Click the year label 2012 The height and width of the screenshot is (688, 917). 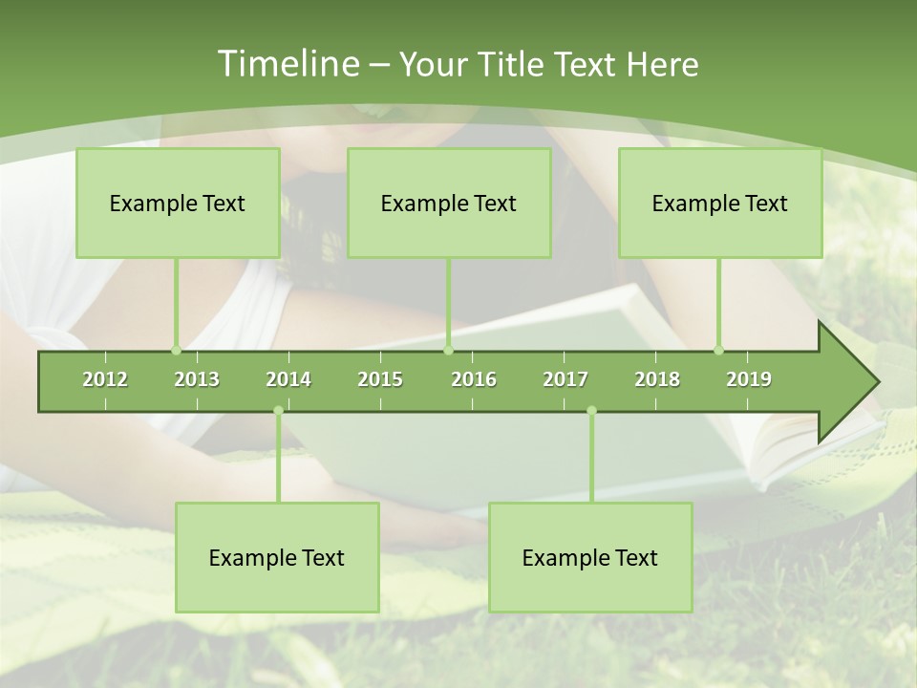coord(105,379)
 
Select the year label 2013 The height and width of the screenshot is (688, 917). coord(197,379)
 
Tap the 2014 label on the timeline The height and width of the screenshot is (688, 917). coord(288,379)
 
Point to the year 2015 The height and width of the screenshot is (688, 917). coord(380,379)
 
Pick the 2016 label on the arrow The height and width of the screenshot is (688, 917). coord(474,379)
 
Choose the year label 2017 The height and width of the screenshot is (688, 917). coord(565,379)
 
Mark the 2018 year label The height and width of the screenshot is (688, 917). coord(657,379)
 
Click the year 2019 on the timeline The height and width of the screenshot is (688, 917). coord(749,379)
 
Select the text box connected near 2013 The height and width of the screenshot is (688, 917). coord(178,203)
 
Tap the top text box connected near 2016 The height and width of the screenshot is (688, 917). coord(449,203)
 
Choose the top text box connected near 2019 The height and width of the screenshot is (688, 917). coord(720,203)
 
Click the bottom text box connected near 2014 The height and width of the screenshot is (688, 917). coord(277,557)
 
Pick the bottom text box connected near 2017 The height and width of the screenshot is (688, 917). coord(590,557)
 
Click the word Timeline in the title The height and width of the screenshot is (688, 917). coord(287,64)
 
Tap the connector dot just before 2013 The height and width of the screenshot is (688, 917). coord(176,350)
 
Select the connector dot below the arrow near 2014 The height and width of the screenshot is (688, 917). coord(278,411)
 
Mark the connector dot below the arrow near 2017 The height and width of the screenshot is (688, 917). coord(591,411)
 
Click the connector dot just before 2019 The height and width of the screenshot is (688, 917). coord(718,350)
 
